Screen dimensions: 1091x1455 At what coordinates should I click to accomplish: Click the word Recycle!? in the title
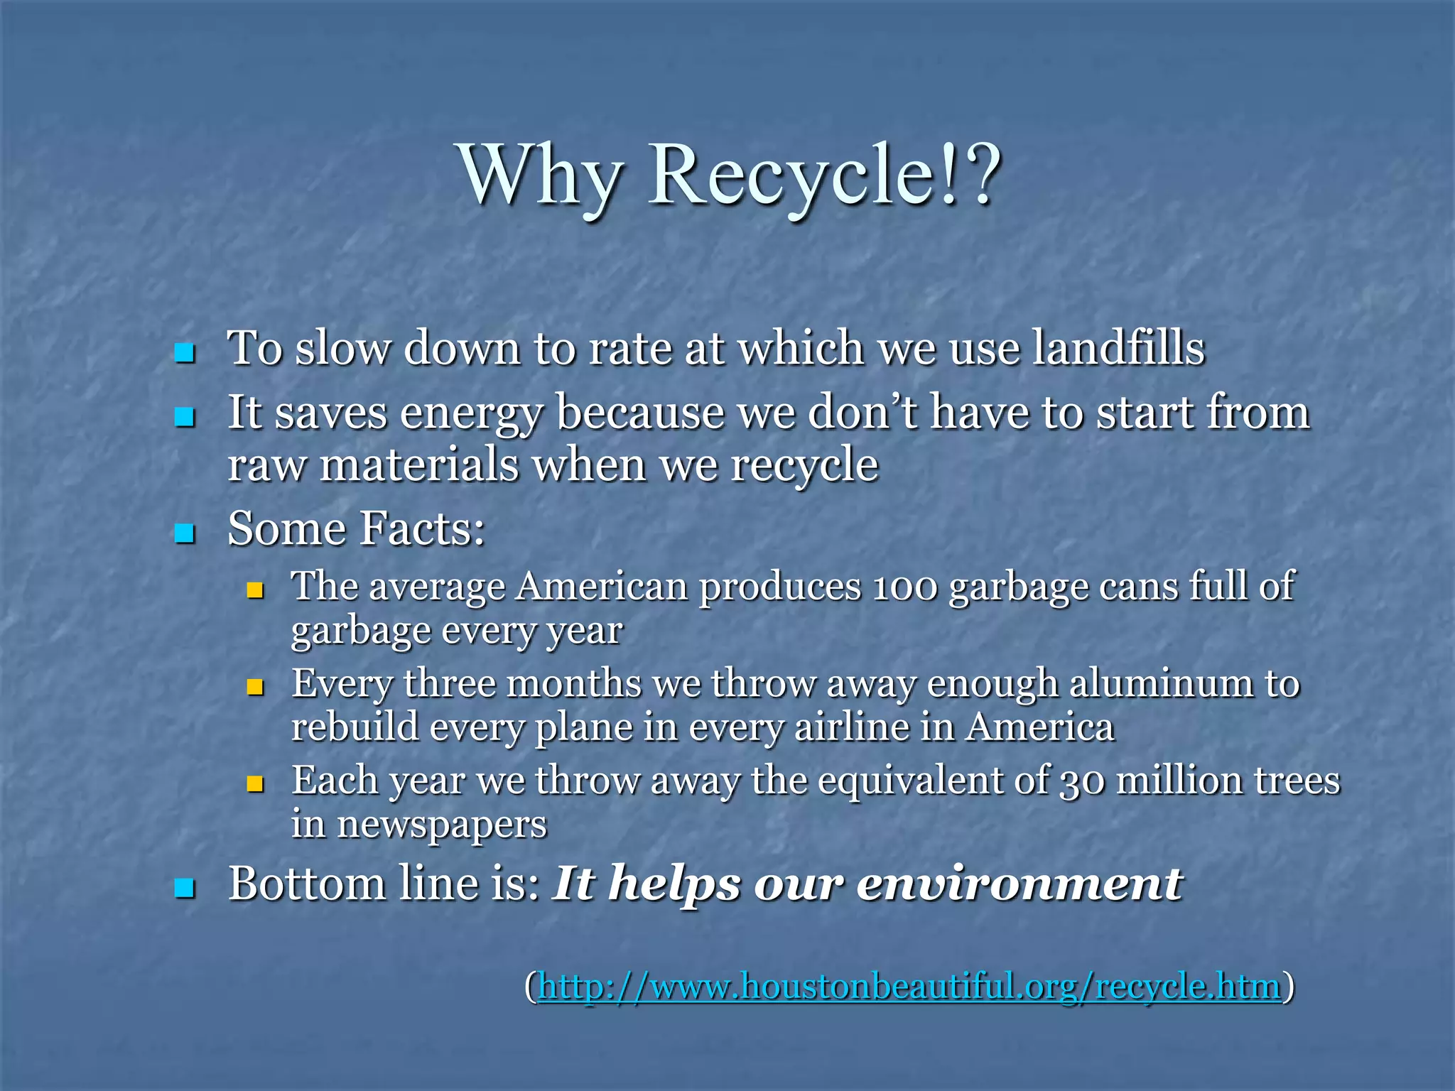(824, 175)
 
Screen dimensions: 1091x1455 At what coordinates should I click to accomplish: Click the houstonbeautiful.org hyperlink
(909, 986)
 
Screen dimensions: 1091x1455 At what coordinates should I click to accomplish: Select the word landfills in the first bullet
(1118, 348)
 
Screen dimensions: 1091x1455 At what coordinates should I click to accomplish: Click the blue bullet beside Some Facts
(185, 533)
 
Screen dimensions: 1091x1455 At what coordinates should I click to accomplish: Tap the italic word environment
(1019, 884)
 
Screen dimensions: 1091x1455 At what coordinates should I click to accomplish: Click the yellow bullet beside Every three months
(255, 687)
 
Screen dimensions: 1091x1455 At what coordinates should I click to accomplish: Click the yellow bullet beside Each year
(255, 784)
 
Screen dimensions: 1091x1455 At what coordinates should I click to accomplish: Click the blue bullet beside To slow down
(185, 352)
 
